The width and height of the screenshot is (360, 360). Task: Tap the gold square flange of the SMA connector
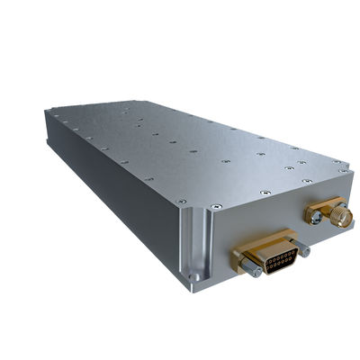(x=316, y=212)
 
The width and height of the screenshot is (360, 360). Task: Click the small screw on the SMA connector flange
(x=310, y=216)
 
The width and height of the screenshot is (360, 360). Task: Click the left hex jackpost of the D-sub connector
(x=249, y=265)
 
